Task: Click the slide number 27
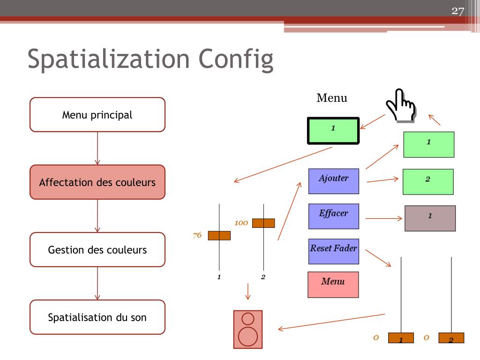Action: click(x=457, y=11)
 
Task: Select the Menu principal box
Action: click(x=97, y=115)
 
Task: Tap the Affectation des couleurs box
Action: click(x=97, y=182)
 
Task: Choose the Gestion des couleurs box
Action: click(x=97, y=250)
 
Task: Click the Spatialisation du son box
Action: click(x=97, y=317)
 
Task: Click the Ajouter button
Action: click(x=334, y=181)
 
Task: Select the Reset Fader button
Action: click(x=333, y=252)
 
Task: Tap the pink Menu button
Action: click(x=333, y=285)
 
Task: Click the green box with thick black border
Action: click(x=333, y=130)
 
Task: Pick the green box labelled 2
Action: click(x=428, y=181)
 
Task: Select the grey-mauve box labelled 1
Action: click(x=430, y=218)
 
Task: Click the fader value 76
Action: click(x=197, y=235)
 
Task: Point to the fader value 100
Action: click(x=241, y=223)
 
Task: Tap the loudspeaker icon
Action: click(x=248, y=330)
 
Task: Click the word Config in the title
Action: click(x=236, y=60)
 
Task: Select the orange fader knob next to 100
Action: click(x=263, y=223)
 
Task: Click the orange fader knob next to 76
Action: click(x=219, y=235)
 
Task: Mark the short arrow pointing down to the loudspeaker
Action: click(x=248, y=291)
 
